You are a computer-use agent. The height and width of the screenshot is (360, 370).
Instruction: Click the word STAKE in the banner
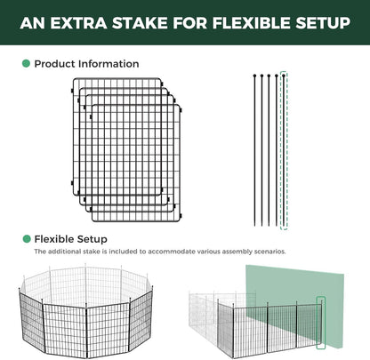coord(140,23)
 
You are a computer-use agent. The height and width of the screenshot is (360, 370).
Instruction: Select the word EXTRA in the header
coord(78,23)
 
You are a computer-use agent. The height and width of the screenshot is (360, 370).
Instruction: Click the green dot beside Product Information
coord(26,63)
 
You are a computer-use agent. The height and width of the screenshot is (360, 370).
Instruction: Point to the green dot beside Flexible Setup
coord(27,239)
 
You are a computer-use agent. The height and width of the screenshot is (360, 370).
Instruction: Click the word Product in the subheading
coord(54,64)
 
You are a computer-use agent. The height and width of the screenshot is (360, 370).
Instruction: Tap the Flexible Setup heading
coord(70,239)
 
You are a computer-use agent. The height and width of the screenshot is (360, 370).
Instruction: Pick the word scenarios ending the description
coord(269,252)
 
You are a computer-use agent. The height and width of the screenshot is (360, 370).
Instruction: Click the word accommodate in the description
coord(172,252)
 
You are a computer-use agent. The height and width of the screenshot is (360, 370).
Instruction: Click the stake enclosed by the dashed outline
coord(284,150)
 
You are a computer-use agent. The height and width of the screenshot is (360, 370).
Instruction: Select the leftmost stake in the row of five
coord(254,150)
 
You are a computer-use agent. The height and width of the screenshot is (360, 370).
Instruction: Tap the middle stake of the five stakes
coord(269,150)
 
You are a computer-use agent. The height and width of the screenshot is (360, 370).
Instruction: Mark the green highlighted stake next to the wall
coord(321,323)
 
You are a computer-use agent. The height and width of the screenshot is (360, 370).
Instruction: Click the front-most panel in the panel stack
coord(136,163)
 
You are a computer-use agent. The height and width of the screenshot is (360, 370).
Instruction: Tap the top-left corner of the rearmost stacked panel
coord(74,79)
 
